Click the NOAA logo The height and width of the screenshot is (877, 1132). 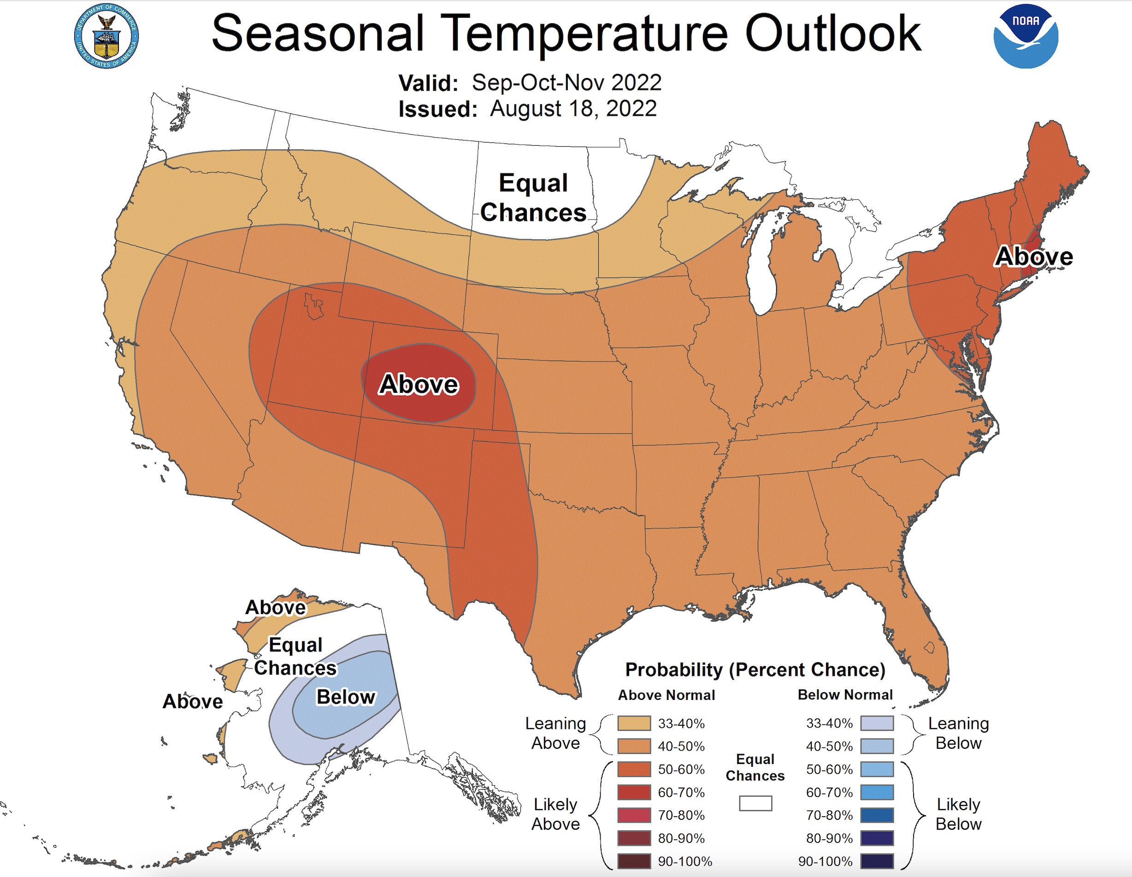(1025, 36)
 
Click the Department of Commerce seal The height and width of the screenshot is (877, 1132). (106, 36)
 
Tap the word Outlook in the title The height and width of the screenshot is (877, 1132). (832, 34)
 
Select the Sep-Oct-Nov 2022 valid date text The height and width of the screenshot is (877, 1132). (566, 83)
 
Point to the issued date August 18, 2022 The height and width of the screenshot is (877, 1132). (573, 109)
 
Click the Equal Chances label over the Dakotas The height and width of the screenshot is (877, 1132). (533, 198)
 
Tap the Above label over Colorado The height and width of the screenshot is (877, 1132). (419, 384)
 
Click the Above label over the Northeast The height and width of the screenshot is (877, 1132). (1033, 257)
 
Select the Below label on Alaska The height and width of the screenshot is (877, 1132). (346, 697)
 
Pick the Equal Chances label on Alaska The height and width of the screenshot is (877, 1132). (295, 657)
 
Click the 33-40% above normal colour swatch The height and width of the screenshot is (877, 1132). (633, 723)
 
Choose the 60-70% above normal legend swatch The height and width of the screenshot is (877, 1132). (633, 793)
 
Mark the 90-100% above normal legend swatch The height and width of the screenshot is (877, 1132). (633, 861)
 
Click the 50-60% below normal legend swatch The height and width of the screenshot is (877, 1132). (877, 769)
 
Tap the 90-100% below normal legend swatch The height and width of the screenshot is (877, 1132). (877, 861)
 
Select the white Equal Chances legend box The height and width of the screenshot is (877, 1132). (755, 803)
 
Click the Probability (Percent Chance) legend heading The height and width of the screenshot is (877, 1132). (755, 670)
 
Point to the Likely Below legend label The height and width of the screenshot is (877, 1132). (958, 814)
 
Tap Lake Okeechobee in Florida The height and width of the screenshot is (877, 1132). (929, 647)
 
